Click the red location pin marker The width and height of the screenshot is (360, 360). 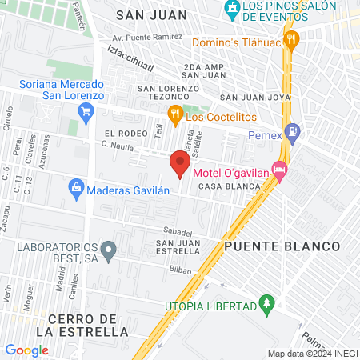coord(179,164)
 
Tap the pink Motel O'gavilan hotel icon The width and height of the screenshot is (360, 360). coord(279,169)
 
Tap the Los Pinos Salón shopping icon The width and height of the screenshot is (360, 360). coord(232,10)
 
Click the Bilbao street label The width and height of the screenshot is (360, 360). coord(180,270)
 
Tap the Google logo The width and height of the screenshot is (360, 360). coord(26,350)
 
